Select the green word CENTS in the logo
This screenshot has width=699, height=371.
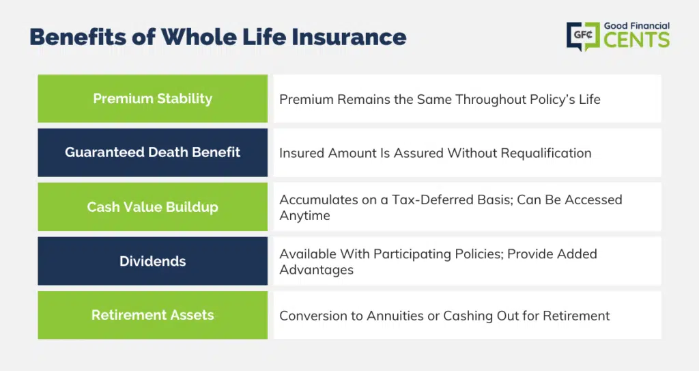637,40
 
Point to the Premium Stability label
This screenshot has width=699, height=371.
152,98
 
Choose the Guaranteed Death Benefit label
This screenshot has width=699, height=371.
152,152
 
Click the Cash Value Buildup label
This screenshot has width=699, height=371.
152,207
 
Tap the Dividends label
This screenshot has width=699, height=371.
152,261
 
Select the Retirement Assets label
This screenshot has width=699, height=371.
152,315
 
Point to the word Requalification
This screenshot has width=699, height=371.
546,153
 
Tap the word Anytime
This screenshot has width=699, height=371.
305,216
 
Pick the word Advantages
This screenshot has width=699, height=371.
317,270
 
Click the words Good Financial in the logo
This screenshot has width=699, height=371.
637,26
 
